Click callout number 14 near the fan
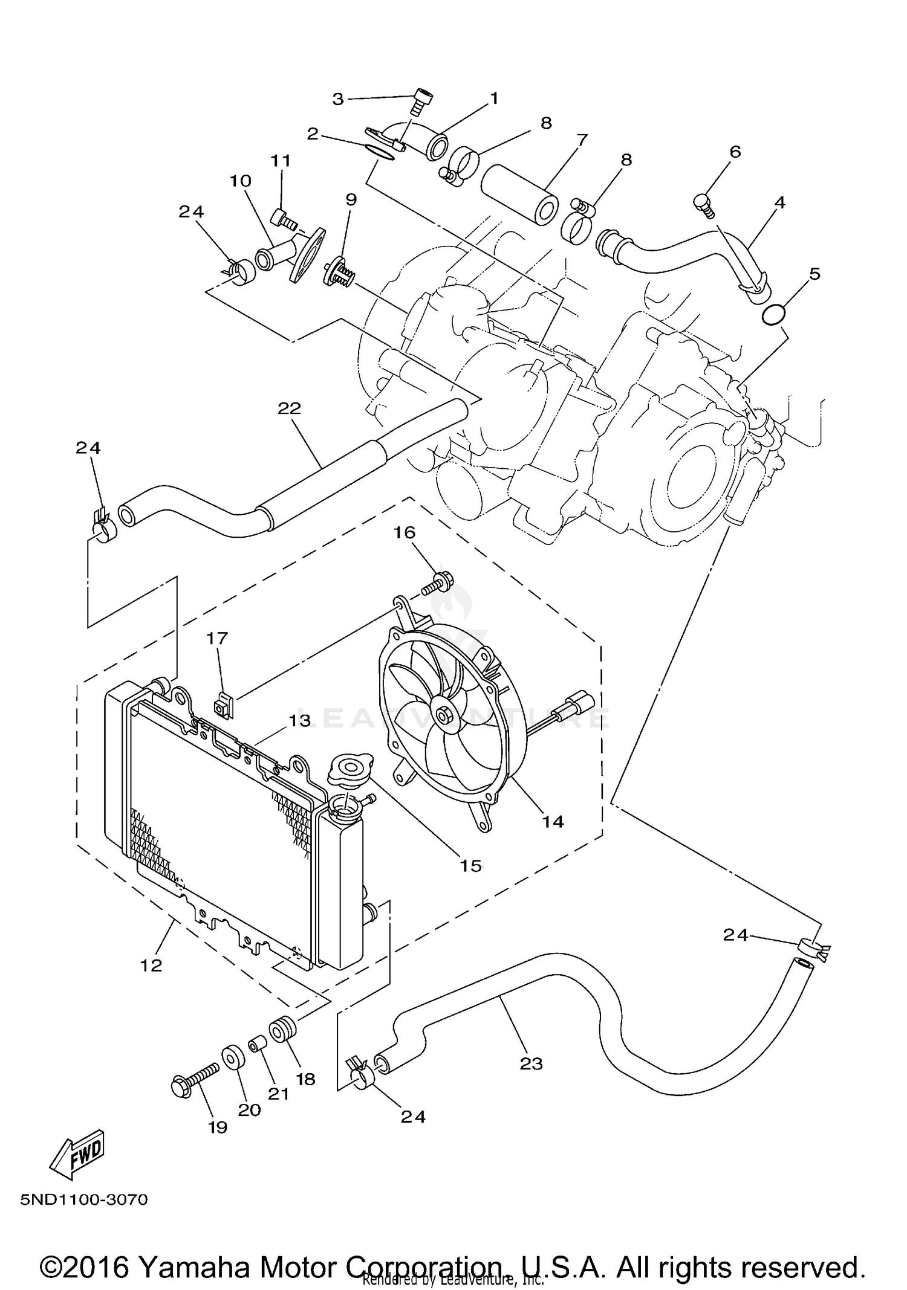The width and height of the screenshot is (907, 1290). click(x=553, y=821)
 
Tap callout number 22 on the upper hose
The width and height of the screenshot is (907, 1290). click(x=289, y=408)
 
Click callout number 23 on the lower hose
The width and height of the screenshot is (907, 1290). click(x=531, y=1063)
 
